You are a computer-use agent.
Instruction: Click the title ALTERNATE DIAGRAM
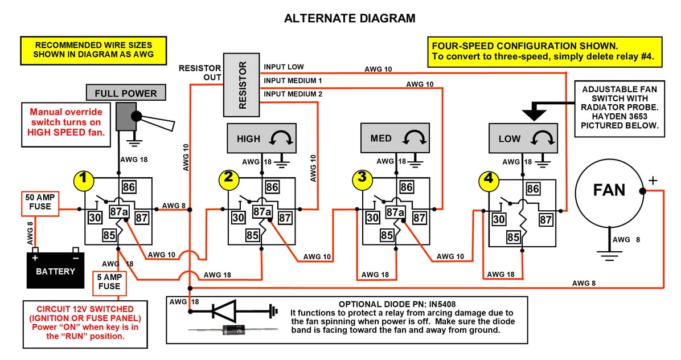click(x=350, y=18)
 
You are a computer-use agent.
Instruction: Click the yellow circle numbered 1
click(x=84, y=179)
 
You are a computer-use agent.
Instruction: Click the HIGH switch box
click(x=261, y=139)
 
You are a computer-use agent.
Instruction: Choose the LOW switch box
click(x=523, y=139)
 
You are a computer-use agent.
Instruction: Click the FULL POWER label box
click(x=125, y=93)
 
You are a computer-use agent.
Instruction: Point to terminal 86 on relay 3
click(x=406, y=187)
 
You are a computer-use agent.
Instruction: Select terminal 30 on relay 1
click(x=95, y=217)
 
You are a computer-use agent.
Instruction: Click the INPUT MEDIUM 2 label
click(x=293, y=94)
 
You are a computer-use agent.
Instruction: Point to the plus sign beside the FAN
click(x=653, y=181)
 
